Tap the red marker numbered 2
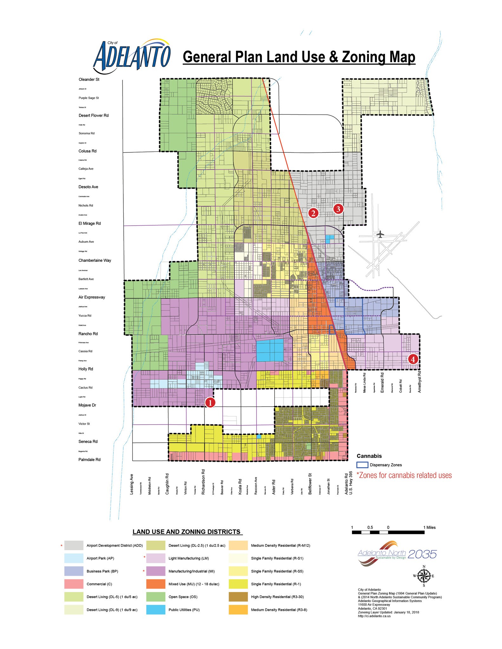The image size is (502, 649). tap(313, 213)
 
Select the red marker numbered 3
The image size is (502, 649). tap(338, 209)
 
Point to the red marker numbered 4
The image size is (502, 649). tap(413, 359)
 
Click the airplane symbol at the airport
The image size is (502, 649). tap(381, 235)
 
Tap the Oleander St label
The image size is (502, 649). tap(89, 80)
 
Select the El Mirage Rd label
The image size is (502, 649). tap(90, 223)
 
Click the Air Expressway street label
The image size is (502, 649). tap(92, 297)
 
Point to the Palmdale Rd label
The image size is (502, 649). tap(89, 459)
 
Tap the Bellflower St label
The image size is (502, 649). tap(310, 484)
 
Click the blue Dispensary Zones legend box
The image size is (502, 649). tap(362, 465)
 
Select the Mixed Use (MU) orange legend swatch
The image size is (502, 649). tap(156, 584)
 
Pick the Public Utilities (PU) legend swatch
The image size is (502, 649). tap(156, 610)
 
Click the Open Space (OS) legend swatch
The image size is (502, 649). tap(156, 597)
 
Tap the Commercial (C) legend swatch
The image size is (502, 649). tap(74, 584)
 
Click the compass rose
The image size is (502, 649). tap(424, 576)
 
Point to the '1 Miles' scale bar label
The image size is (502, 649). tap(429, 528)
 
